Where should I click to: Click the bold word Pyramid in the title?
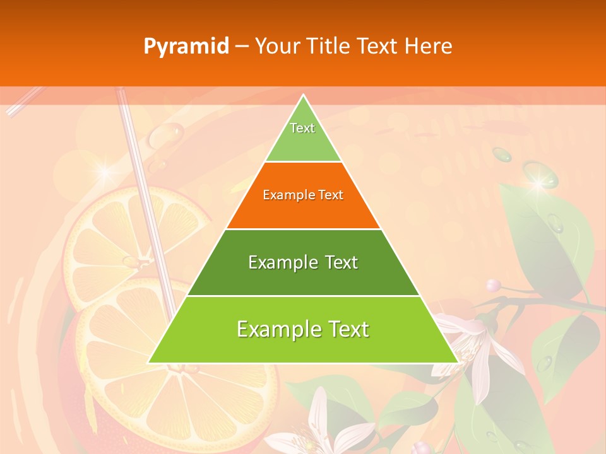(x=186, y=47)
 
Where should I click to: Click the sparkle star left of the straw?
(x=105, y=172)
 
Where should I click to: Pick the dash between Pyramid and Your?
(x=242, y=47)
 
